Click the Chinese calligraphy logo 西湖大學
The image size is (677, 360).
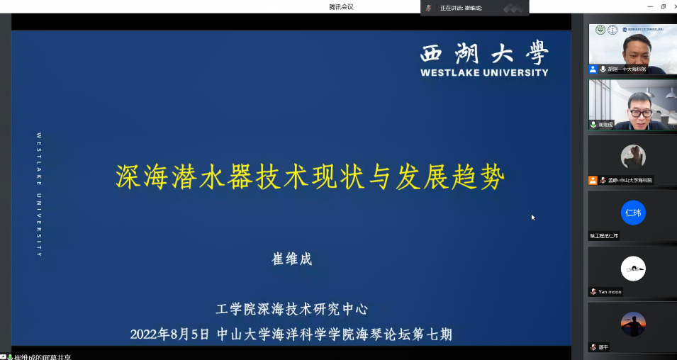tap(484, 53)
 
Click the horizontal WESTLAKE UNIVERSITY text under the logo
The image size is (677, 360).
tap(484, 72)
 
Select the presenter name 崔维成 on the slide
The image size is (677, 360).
tap(292, 259)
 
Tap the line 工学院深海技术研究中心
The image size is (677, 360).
tap(292, 309)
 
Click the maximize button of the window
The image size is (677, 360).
tap(664, 6)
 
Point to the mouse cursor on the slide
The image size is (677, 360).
tap(533, 218)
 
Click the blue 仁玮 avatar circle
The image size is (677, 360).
tap(633, 213)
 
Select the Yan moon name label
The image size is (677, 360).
tap(610, 291)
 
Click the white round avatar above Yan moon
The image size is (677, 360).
tap(633, 269)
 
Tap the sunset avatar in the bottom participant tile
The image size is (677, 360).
tap(633, 324)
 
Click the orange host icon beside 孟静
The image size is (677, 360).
tap(593, 180)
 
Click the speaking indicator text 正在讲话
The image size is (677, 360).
tap(450, 8)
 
